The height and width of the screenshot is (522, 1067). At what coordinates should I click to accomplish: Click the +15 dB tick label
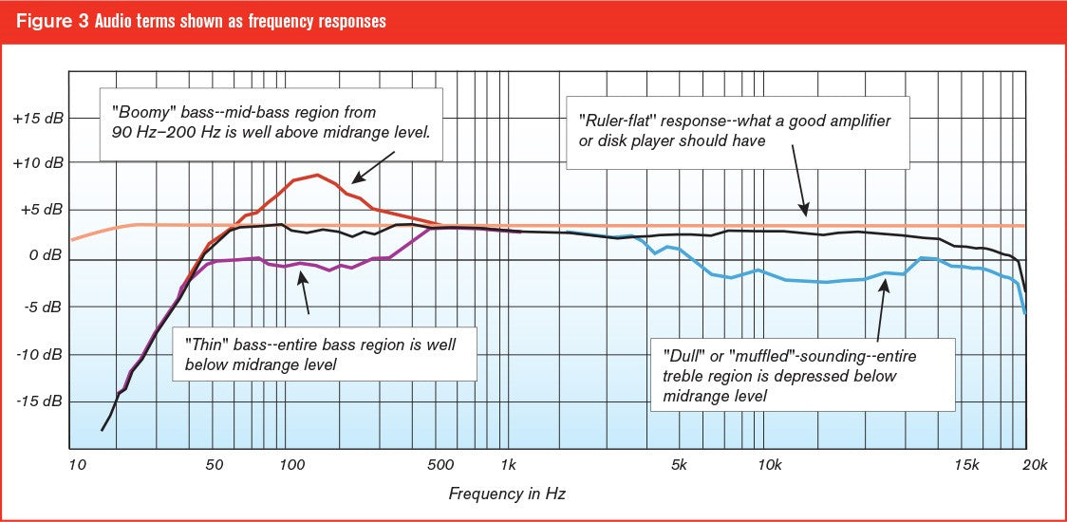click(38, 120)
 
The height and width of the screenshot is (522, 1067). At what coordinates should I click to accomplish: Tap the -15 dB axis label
click(38, 401)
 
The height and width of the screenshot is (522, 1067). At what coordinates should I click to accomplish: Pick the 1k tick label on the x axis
click(508, 464)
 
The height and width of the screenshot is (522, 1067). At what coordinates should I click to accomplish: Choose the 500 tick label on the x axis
click(441, 464)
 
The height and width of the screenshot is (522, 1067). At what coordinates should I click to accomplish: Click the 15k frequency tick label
click(966, 464)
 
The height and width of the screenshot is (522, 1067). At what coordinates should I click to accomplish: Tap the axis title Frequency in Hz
click(507, 494)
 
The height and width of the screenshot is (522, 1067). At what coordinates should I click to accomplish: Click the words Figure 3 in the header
click(50, 21)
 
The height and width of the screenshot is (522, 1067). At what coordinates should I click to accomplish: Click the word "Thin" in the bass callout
click(206, 344)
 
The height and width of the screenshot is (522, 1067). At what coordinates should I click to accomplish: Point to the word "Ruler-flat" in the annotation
click(615, 121)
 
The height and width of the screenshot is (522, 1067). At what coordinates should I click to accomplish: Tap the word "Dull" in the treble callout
click(683, 355)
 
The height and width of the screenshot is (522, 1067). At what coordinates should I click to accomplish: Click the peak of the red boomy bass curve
click(317, 175)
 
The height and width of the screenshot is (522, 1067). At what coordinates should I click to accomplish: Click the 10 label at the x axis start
click(79, 464)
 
